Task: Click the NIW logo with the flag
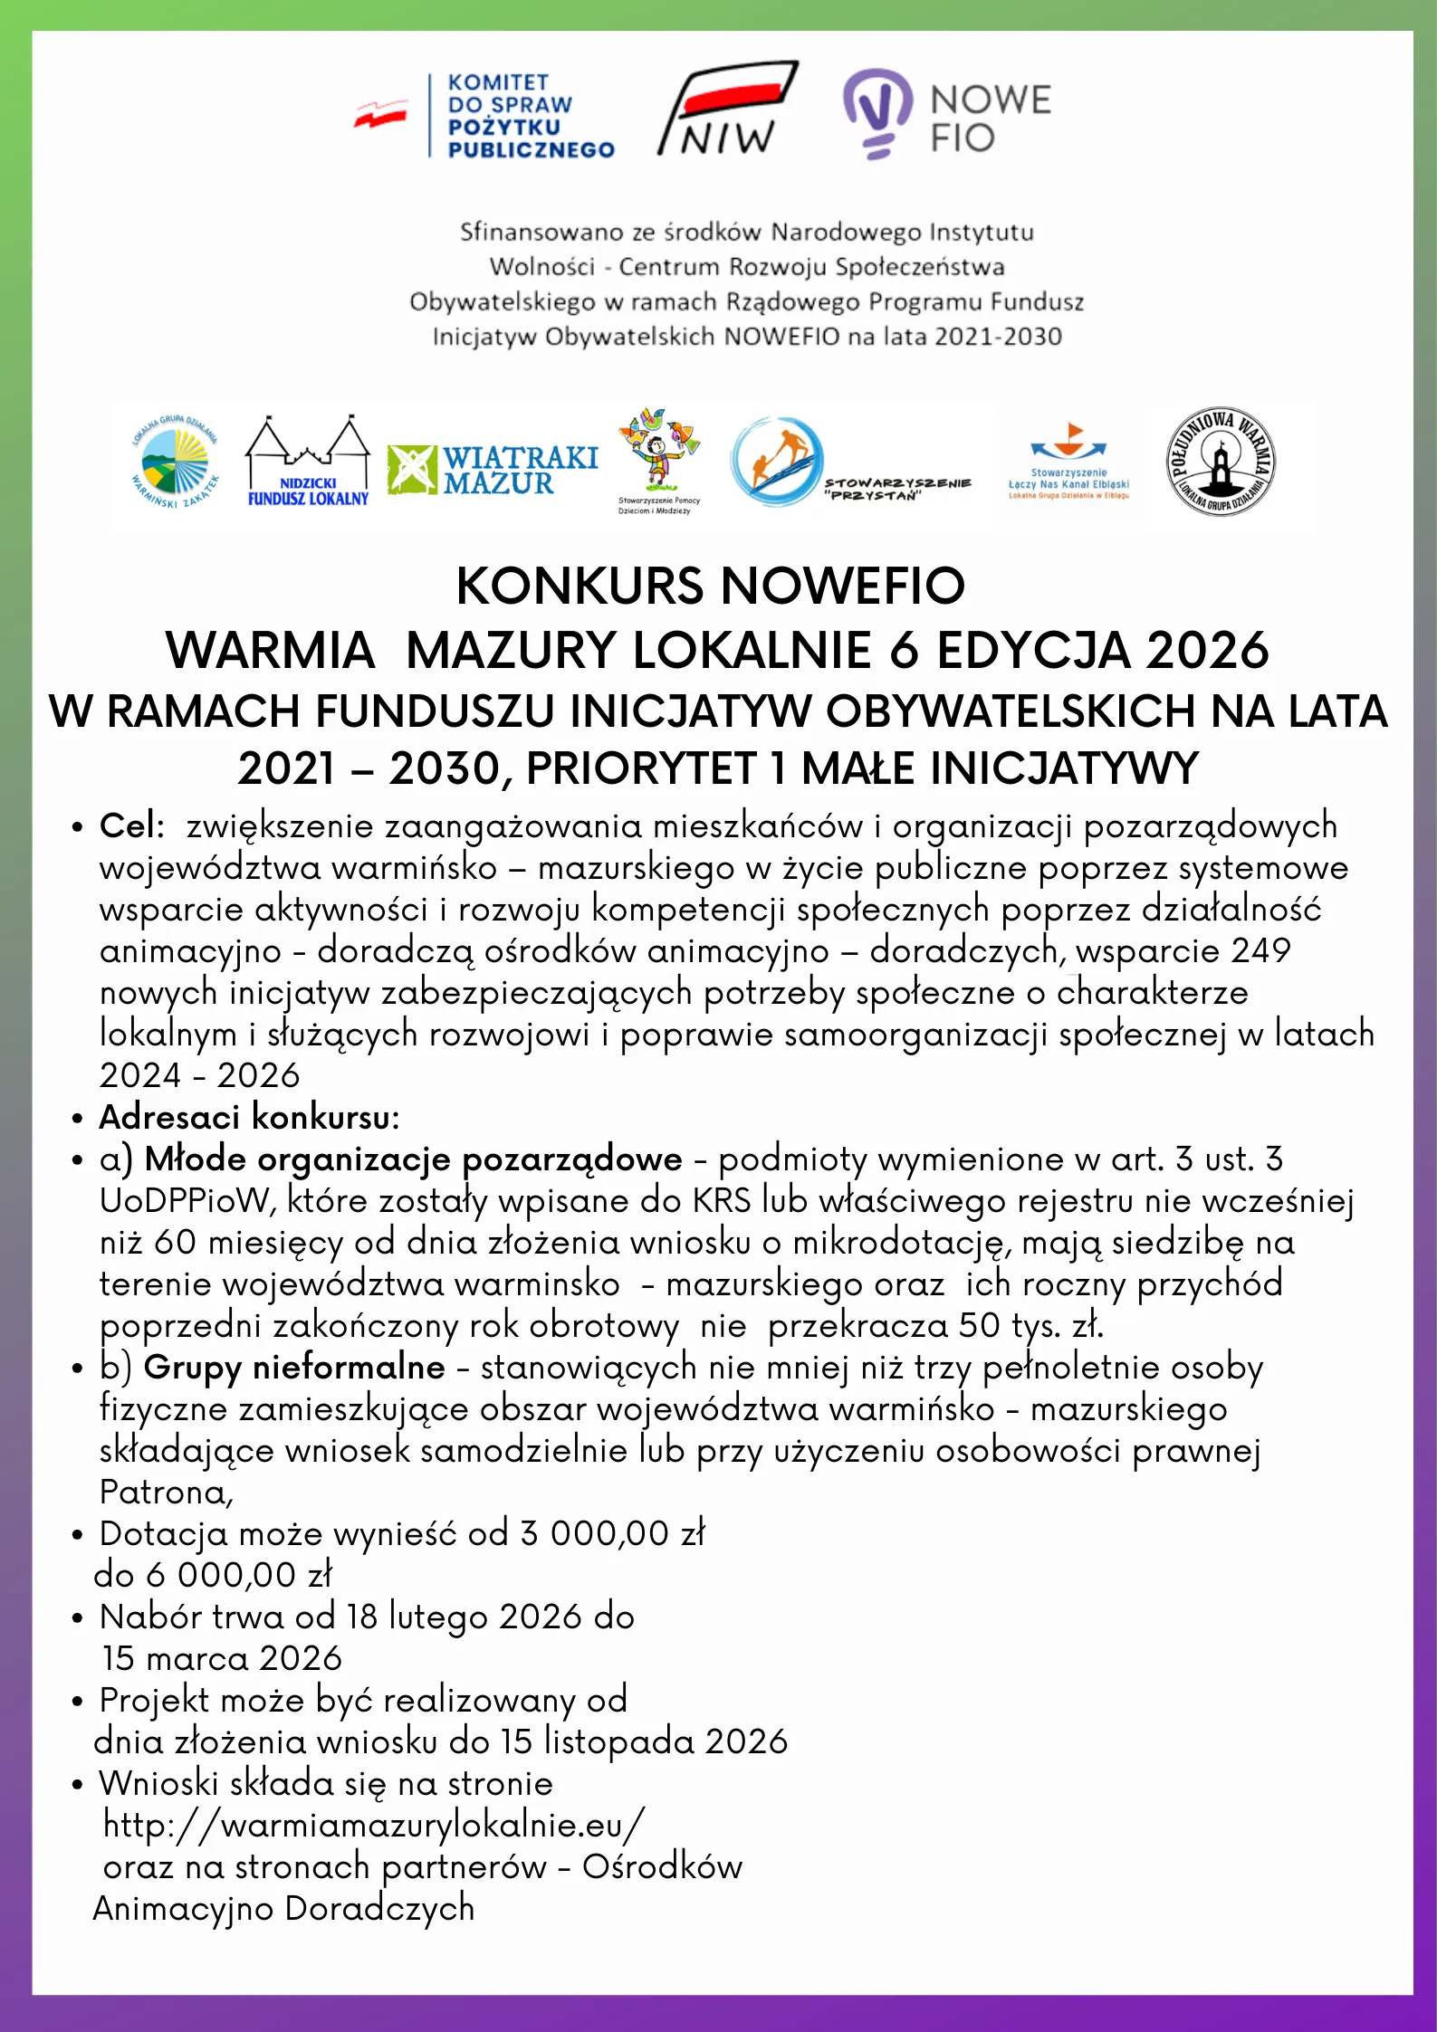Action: coord(727,109)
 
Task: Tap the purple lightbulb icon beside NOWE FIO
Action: coord(877,113)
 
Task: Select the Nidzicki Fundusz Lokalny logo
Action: coord(308,463)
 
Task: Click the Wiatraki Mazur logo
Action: coord(493,470)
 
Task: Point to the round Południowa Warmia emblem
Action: coord(1220,462)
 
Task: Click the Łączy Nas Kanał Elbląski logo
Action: coord(1068,462)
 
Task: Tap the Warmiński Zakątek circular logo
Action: coord(176,462)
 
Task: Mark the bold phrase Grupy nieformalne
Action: coord(294,1367)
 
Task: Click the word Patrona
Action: coord(165,1492)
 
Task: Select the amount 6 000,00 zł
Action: coord(239,1575)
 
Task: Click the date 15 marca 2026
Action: coord(222,1658)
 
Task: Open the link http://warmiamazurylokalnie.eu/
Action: coord(373,1825)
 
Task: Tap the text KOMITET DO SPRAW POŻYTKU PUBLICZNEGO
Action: coord(531,116)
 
